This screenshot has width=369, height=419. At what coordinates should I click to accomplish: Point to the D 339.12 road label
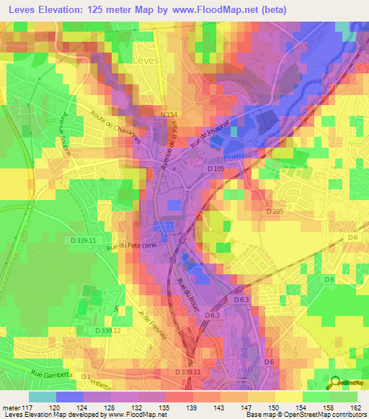(x=107, y=330)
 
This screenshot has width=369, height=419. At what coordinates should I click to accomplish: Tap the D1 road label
(x=87, y=377)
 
